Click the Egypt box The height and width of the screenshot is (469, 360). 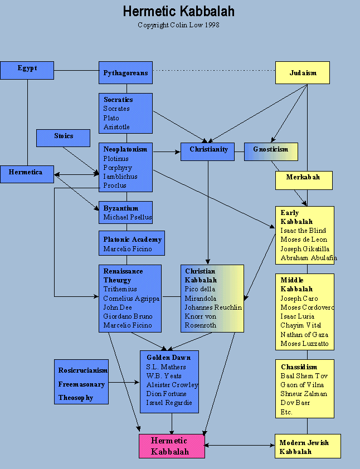tap(27, 70)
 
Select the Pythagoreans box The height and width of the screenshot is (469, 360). tap(125, 73)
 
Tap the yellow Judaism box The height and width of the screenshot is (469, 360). tap(303, 73)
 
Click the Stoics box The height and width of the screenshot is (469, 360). tap(63, 138)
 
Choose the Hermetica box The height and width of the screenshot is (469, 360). tap(27, 174)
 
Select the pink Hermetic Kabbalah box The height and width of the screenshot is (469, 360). tap(172, 446)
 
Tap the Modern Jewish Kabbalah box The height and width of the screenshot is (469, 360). tap(308, 446)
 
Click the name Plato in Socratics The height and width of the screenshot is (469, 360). tap(111, 118)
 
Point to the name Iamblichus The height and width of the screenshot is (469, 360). tap(120, 177)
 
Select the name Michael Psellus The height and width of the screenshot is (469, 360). tap(127, 217)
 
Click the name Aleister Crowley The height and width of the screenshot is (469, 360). tap(172, 385)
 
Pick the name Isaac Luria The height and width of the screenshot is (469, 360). tap(298, 316)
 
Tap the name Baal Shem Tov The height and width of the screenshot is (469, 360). tap(304, 376)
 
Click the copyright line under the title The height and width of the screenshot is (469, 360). tap(179, 25)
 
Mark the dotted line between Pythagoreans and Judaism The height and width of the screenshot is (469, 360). tap(214, 71)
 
